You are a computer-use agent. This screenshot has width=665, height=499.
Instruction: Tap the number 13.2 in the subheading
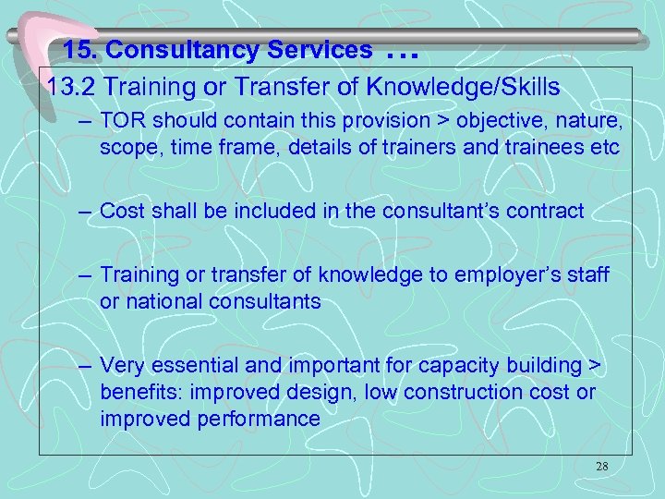point(72,88)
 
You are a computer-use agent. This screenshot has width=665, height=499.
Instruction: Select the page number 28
point(602,467)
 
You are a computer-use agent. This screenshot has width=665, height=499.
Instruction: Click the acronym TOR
point(120,120)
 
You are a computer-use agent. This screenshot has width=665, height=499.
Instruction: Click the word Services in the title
point(325,49)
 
